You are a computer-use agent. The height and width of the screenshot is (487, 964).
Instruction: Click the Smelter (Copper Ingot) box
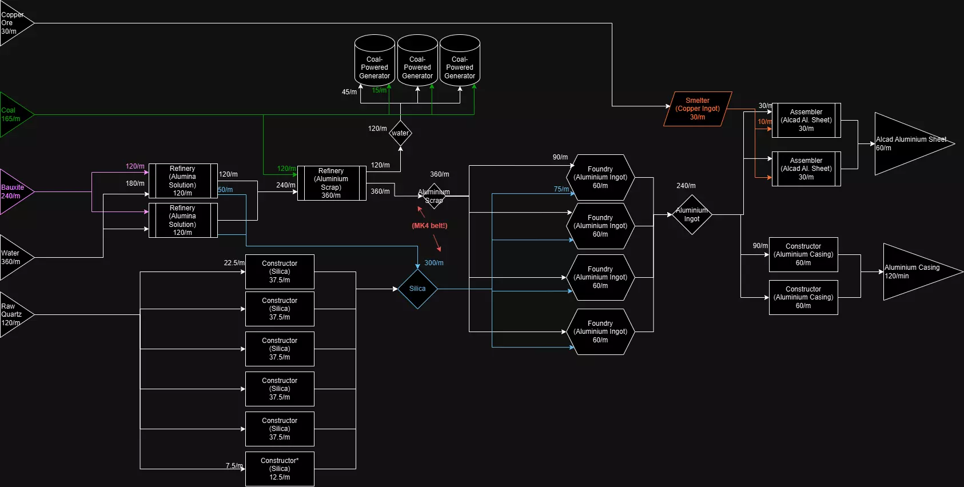698,109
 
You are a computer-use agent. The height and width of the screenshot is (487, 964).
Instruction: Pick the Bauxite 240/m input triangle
14,191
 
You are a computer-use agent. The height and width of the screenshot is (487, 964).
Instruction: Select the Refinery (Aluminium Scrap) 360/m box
332,183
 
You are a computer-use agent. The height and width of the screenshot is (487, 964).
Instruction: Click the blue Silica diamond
417,289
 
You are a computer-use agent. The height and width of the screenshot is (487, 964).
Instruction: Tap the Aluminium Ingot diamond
692,214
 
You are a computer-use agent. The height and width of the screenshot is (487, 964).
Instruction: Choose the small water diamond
400,133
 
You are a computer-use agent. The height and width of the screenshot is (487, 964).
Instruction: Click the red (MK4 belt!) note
429,226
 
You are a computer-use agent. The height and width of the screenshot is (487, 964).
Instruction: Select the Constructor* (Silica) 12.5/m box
280,469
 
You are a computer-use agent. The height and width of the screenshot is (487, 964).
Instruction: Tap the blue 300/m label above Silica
434,263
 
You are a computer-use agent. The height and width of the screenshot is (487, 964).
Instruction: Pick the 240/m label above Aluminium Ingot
686,186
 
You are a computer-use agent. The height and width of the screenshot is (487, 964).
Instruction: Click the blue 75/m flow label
561,189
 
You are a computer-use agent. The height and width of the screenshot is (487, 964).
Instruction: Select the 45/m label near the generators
349,92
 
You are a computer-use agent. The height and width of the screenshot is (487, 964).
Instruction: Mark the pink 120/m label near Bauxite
135,166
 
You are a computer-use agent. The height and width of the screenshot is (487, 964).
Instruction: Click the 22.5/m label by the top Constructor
234,263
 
